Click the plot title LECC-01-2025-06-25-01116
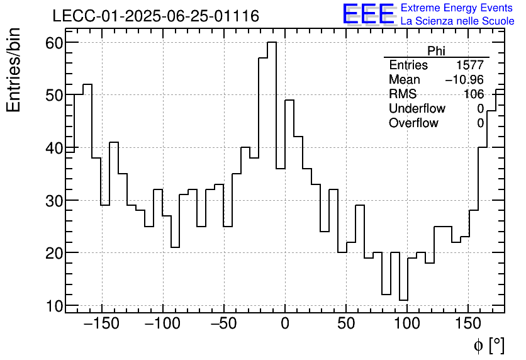coord(155,16)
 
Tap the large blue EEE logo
coord(368,14)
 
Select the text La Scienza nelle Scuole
coord(457,21)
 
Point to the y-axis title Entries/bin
coord(14,70)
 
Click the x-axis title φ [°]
coord(488,345)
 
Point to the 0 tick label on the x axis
coord(285,325)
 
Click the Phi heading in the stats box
coord(436,51)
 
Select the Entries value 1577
coord(470,65)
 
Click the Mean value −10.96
coord(464,80)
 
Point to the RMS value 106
coord(474,94)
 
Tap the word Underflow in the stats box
coord(417,109)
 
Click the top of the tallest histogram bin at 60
coord(272,43)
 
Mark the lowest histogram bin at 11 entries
coord(403,300)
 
